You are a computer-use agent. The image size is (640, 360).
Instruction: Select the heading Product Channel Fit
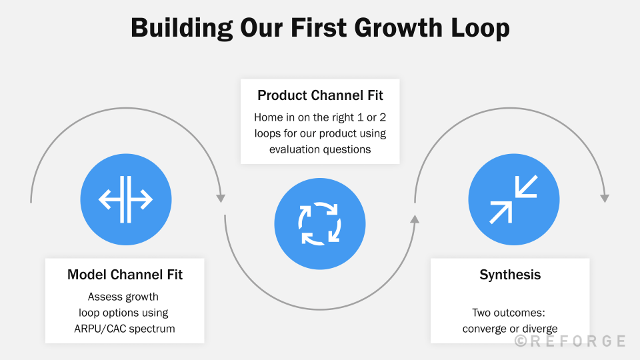point(320,95)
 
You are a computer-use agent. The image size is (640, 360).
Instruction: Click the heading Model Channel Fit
point(125,275)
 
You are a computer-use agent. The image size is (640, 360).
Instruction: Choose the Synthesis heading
point(510,275)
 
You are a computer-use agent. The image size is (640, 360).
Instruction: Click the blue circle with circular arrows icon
point(320,223)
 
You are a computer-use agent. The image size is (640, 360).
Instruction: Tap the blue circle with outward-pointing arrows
point(125,199)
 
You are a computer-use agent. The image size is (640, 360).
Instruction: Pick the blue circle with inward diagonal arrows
point(513,199)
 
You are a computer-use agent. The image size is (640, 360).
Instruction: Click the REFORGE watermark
point(577,341)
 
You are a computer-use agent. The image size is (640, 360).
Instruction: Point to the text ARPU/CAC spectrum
point(125,327)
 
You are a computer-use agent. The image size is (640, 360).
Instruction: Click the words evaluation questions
point(320,149)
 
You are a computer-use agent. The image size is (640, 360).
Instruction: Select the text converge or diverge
point(510,328)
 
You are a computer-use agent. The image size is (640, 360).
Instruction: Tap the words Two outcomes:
point(510,312)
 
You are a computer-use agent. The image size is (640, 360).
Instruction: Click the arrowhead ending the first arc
point(221,198)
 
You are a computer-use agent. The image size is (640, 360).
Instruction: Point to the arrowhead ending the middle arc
point(415,219)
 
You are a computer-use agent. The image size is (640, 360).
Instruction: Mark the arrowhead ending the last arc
point(605,198)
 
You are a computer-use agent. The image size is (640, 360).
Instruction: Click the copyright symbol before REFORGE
point(521,341)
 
